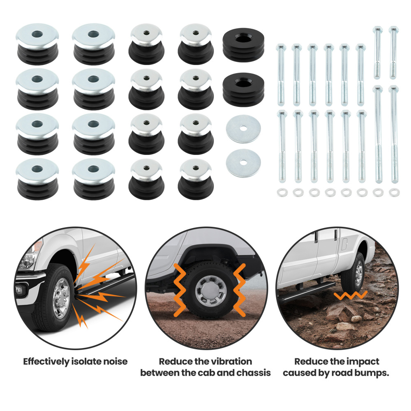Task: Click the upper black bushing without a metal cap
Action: coord(243,45)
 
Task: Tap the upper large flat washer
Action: coord(243,129)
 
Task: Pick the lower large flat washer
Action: coord(243,162)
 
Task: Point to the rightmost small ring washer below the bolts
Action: coord(394,192)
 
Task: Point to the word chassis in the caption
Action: coord(254,373)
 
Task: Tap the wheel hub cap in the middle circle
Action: coord(211,290)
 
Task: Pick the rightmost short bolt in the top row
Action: coord(393,52)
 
